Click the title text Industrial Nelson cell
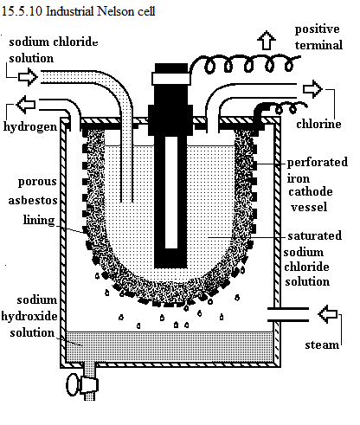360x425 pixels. (x=100, y=11)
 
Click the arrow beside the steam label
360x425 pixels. (x=328, y=314)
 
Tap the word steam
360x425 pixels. (x=322, y=345)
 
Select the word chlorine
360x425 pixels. (x=318, y=124)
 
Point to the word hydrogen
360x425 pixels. (x=30, y=127)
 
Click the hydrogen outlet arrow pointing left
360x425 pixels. (x=26, y=104)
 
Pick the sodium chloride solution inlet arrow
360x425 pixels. (x=28, y=77)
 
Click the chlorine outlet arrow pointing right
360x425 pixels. (x=312, y=89)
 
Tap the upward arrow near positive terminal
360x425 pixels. (x=267, y=40)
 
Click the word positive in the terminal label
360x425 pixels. (x=317, y=29)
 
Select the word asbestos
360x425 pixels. (x=33, y=200)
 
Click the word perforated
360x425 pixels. (x=318, y=163)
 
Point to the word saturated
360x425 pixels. (x=315, y=235)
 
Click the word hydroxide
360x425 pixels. (x=29, y=316)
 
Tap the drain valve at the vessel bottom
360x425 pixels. (x=82, y=385)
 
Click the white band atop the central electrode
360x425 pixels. (x=171, y=78)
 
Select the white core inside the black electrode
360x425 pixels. (x=171, y=192)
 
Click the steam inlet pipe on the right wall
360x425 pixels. (x=288, y=314)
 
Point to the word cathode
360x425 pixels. (x=311, y=191)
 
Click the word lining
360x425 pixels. (x=39, y=220)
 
